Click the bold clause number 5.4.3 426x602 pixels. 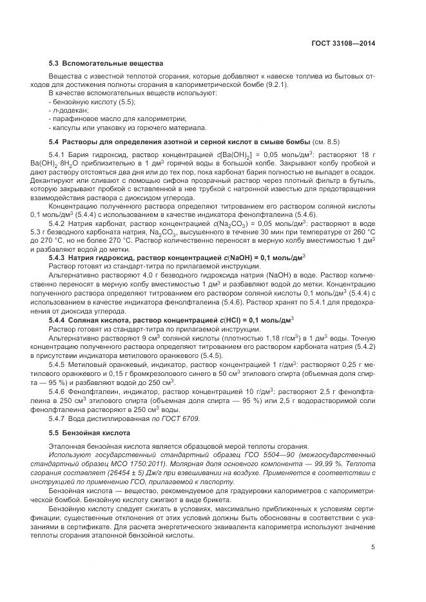59,257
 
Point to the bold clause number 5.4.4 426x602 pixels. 59,319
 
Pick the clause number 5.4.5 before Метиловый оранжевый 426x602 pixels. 59,365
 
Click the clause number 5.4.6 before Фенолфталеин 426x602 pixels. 59,390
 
